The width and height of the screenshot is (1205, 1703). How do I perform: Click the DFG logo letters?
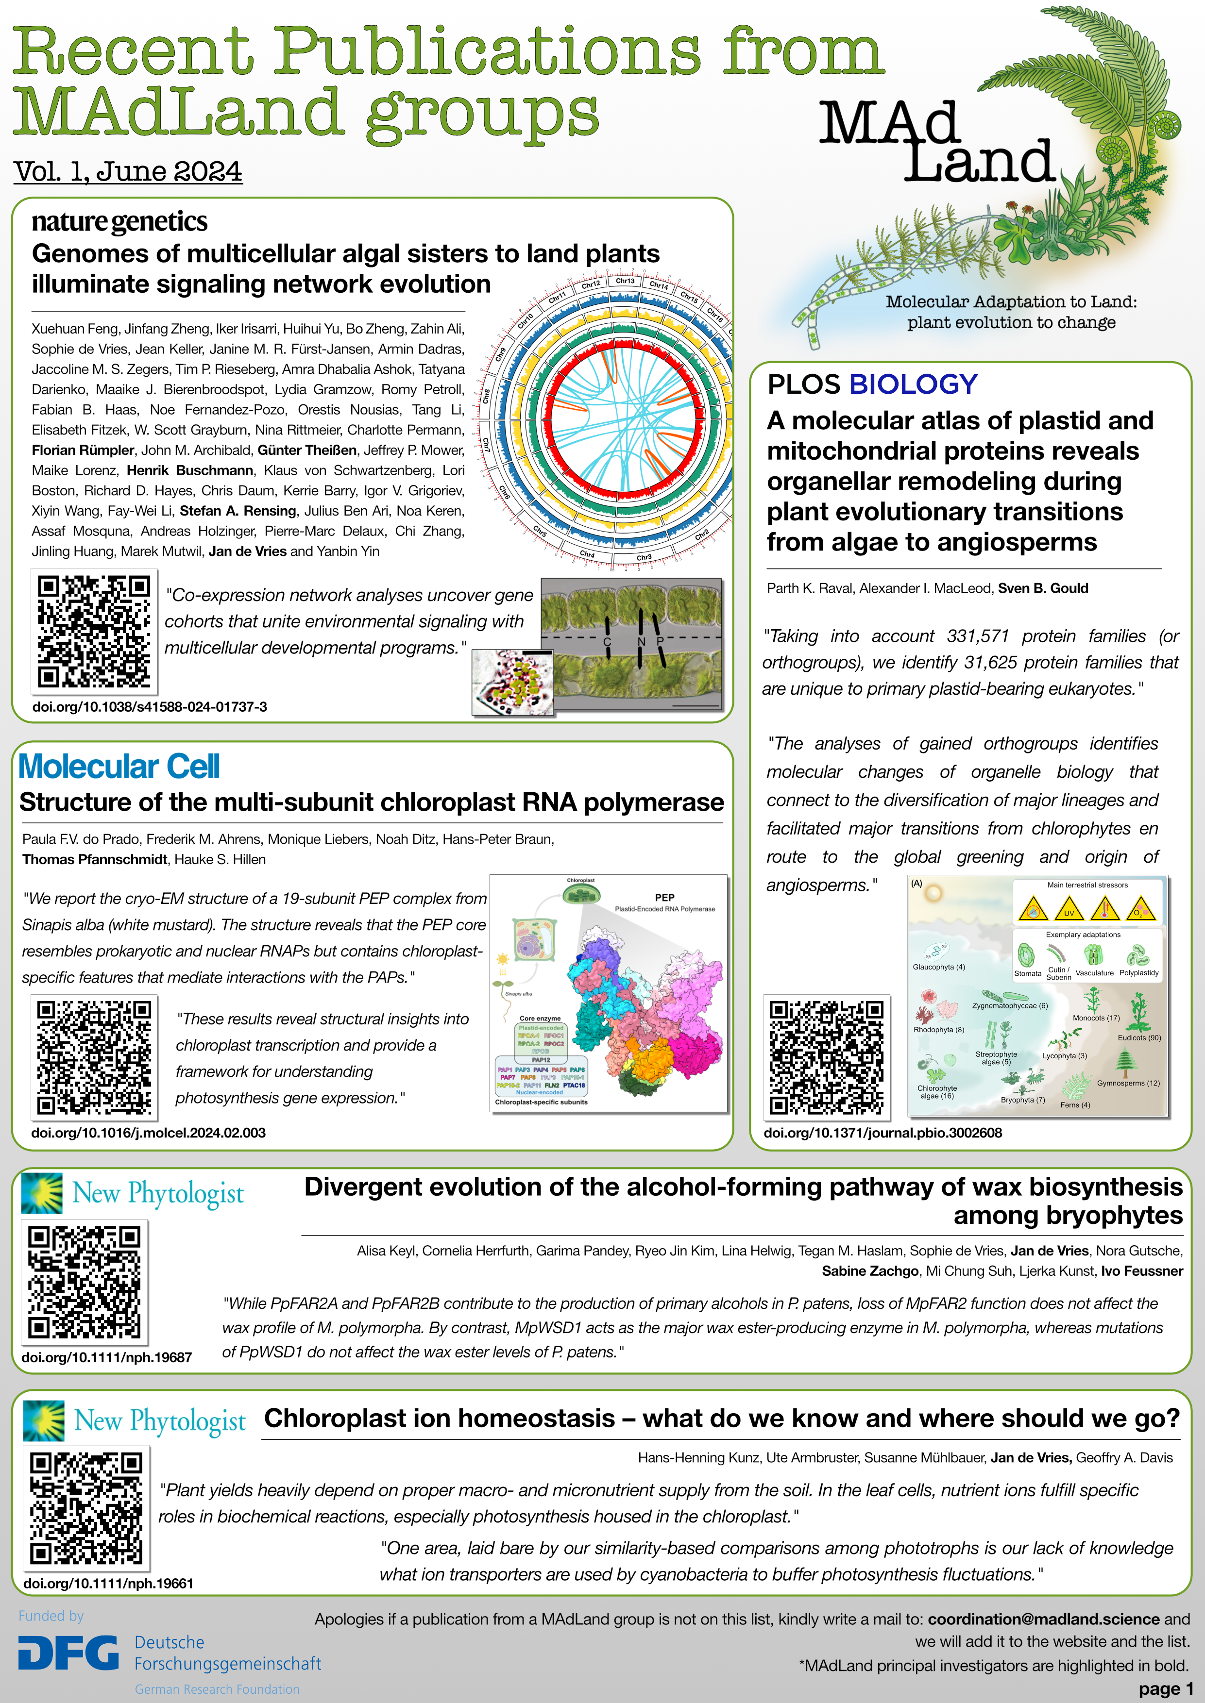click(x=68, y=1653)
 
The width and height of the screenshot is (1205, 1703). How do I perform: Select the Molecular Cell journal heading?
click(x=119, y=766)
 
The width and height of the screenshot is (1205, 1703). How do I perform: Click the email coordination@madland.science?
click(x=1043, y=1619)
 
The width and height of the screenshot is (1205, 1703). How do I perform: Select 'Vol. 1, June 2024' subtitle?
click(x=128, y=171)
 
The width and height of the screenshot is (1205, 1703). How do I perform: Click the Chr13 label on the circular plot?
click(x=625, y=281)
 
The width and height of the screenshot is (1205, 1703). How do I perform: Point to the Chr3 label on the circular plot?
click(x=644, y=557)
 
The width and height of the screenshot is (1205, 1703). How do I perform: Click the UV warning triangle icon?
click(x=1069, y=909)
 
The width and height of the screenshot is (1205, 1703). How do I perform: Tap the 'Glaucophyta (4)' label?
click(x=939, y=967)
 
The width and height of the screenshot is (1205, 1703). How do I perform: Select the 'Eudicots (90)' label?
click(x=1139, y=1037)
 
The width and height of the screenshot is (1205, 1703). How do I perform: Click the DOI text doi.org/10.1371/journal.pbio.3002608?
click(x=882, y=1133)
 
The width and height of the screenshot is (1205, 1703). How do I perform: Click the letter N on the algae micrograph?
click(x=641, y=641)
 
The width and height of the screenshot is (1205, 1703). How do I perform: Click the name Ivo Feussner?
click(x=1141, y=1270)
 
